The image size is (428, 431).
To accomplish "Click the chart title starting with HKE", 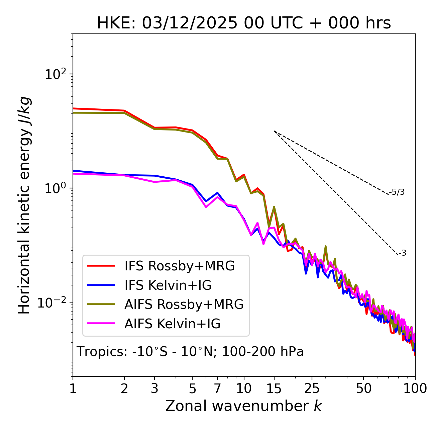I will [244, 23].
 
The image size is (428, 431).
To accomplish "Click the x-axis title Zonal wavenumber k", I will [244, 406].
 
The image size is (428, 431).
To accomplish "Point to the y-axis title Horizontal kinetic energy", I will [24, 205].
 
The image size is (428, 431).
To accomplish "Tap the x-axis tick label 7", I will [217, 389].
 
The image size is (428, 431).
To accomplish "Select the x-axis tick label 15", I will [274, 389].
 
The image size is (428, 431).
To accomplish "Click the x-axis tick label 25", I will [312, 389].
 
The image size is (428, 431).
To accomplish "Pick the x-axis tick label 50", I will [363, 389].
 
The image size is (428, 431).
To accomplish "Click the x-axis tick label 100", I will [415, 389].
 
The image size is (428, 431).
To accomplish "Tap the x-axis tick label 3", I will [154, 389].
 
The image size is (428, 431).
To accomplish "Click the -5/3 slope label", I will [397, 192].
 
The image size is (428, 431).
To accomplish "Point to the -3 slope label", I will [403, 253].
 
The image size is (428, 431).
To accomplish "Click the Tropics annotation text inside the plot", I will [190, 352].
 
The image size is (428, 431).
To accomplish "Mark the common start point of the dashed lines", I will [274, 131].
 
